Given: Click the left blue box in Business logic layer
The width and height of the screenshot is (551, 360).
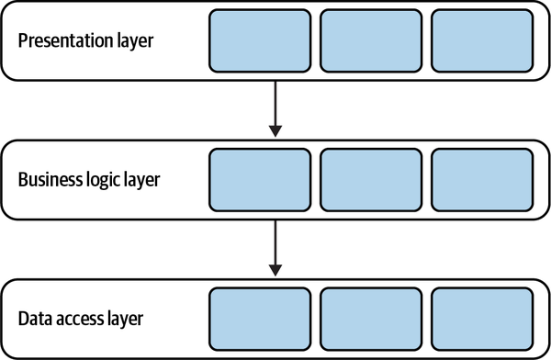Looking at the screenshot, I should click(x=261, y=178).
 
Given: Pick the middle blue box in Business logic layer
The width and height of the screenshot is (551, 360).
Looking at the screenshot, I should click(x=370, y=178).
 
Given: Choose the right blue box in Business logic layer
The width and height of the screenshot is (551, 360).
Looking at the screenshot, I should click(x=480, y=178).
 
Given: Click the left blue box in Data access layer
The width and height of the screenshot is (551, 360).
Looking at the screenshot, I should click(x=261, y=319).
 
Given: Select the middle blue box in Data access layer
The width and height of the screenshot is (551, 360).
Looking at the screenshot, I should click(x=370, y=319).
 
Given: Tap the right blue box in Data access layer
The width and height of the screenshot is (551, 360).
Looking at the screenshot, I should click(x=480, y=319).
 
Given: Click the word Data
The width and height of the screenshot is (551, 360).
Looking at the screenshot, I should click(x=34, y=320).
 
